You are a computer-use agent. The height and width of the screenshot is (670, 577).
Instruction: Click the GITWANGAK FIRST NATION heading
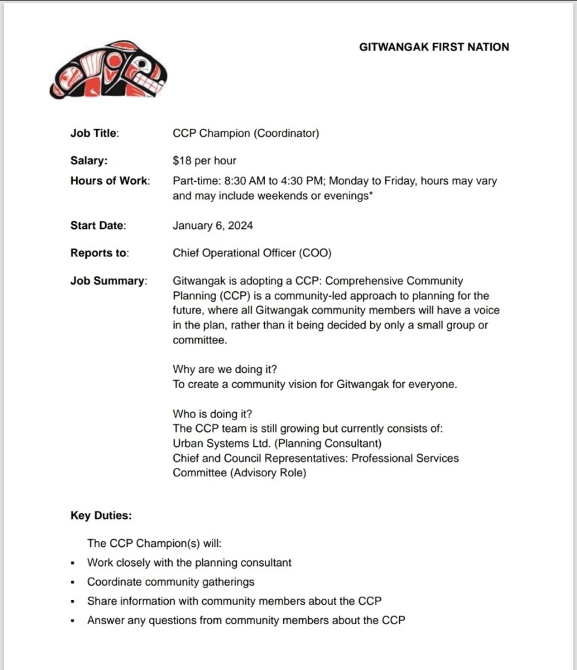(434, 47)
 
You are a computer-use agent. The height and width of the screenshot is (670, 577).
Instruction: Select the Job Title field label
(94, 133)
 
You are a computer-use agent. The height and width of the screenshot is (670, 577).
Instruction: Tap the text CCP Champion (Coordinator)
(245, 133)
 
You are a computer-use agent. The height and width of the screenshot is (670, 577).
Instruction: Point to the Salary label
(89, 160)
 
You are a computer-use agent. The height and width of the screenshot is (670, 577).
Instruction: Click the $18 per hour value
(204, 160)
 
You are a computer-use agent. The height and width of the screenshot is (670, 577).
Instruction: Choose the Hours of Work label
(110, 181)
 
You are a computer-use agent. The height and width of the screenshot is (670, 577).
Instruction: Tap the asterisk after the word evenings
(372, 194)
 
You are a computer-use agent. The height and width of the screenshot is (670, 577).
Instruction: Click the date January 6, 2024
(213, 226)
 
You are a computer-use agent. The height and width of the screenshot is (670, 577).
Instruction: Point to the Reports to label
(99, 253)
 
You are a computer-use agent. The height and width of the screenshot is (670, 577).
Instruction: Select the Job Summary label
(108, 281)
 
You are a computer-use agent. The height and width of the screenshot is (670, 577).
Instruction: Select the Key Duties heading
(101, 516)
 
